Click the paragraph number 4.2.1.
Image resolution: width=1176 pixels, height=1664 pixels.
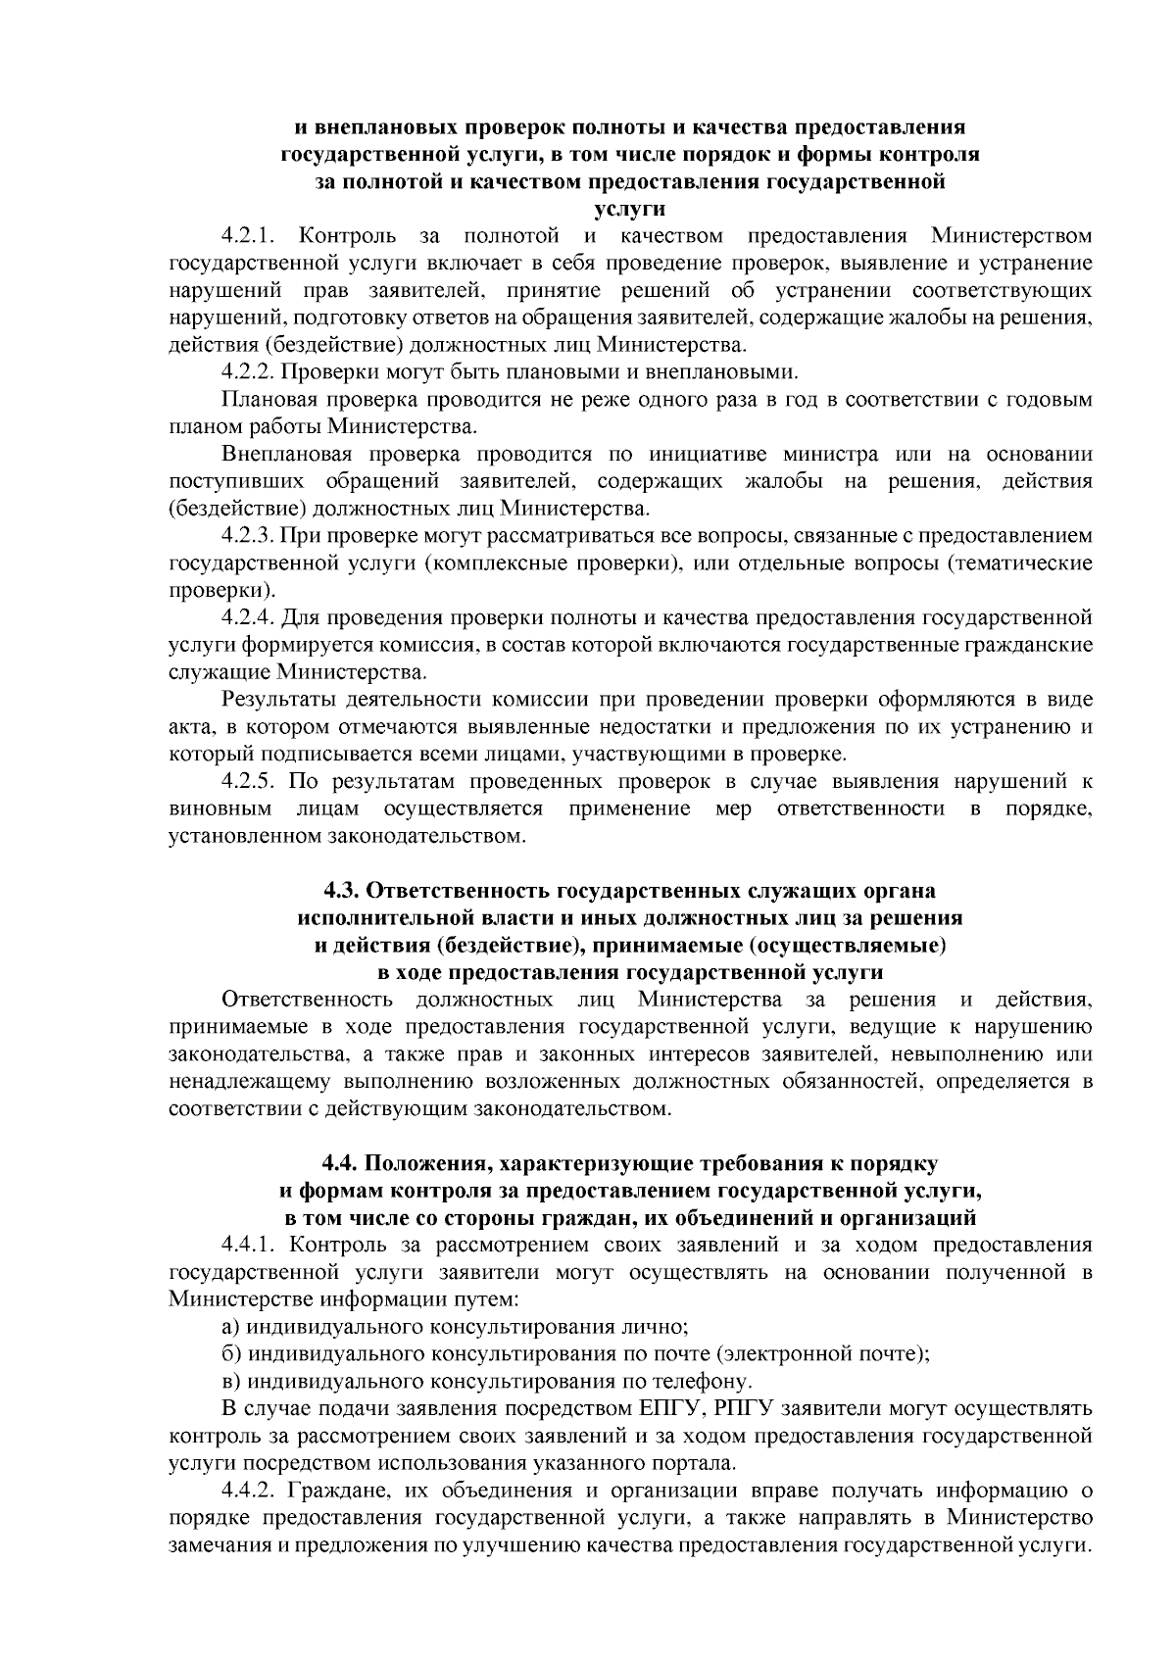tap(249, 236)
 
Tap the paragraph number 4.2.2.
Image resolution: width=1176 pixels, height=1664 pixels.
tap(249, 372)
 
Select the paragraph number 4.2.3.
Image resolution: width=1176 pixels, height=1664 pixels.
tap(249, 536)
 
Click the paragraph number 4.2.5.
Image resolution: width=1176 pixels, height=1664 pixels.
tap(249, 782)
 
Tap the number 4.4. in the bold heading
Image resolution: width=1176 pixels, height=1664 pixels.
tap(342, 1163)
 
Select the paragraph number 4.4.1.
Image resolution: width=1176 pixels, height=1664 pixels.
tap(249, 1245)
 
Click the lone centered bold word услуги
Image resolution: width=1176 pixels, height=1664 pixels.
tap(630, 209)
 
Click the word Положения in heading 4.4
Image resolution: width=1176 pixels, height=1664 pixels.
tap(428, 1163)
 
